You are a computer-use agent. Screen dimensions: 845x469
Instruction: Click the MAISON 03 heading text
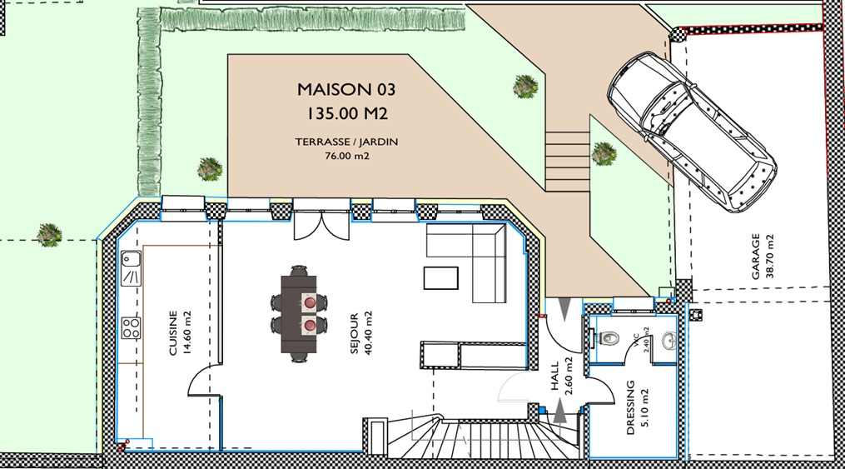click(x=346, y=89)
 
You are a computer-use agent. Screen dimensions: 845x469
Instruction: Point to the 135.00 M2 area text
click(x=348, y=113)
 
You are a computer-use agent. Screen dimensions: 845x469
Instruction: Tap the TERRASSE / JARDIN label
click(x=346, y=142)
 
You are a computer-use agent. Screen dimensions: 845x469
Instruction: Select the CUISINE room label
click(x=173, y=332)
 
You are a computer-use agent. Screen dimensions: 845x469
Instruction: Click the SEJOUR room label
click(x=354, y=334)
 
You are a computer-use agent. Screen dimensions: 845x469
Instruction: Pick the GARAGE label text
click(x=756, y=256)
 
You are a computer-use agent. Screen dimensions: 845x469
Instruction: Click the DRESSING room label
click(x=630, y=408)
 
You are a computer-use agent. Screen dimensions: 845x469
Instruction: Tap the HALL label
click(x=555, y=376)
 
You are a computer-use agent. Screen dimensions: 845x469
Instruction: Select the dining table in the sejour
click(x=299, y=314)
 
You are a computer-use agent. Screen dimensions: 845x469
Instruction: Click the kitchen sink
click(x=131, y=268)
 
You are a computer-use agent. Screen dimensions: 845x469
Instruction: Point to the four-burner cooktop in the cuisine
click(x=131, y=327)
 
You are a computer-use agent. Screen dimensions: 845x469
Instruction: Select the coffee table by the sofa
click(x=441, y=278)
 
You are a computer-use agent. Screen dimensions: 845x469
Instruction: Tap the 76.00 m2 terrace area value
click(x=347, y=157)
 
